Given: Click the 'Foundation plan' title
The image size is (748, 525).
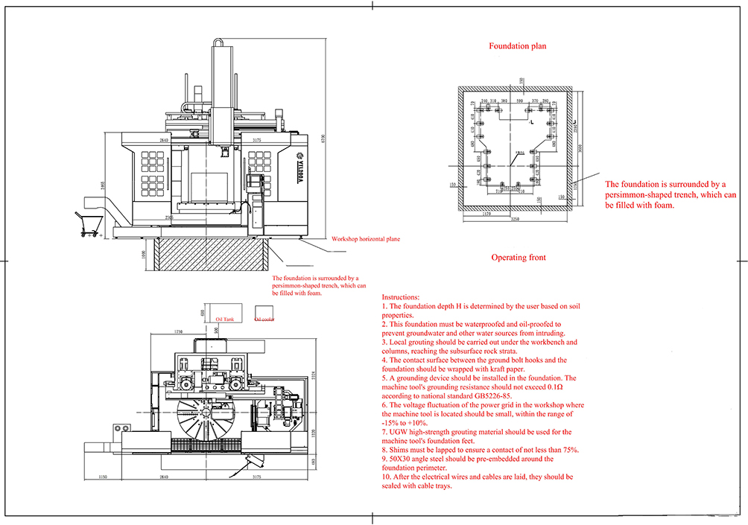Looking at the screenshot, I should pyautogui.click(x=517, y=46).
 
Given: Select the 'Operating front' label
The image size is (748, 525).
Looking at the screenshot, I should pyautogui.click(x=518, y=258).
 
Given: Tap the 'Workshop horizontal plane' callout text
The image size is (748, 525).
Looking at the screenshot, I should pyautogui.click(x=365, y=239).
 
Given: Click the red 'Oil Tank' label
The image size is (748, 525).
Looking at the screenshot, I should pyautogui.click(x=224, y=318).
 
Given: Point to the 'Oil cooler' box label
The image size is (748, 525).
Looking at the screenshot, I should pyautogui.click(x=265, y=319).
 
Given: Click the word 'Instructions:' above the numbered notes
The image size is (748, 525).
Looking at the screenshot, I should pyautogui.click(x=400, y=296).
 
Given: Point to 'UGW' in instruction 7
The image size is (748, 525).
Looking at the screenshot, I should pyautogui.click(x=400, y=432).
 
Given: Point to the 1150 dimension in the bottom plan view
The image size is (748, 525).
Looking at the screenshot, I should pyautogui.click(x=104, y=477).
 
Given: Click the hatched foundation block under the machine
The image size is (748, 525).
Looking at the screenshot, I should pyautogui.click(x=212, y=255).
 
